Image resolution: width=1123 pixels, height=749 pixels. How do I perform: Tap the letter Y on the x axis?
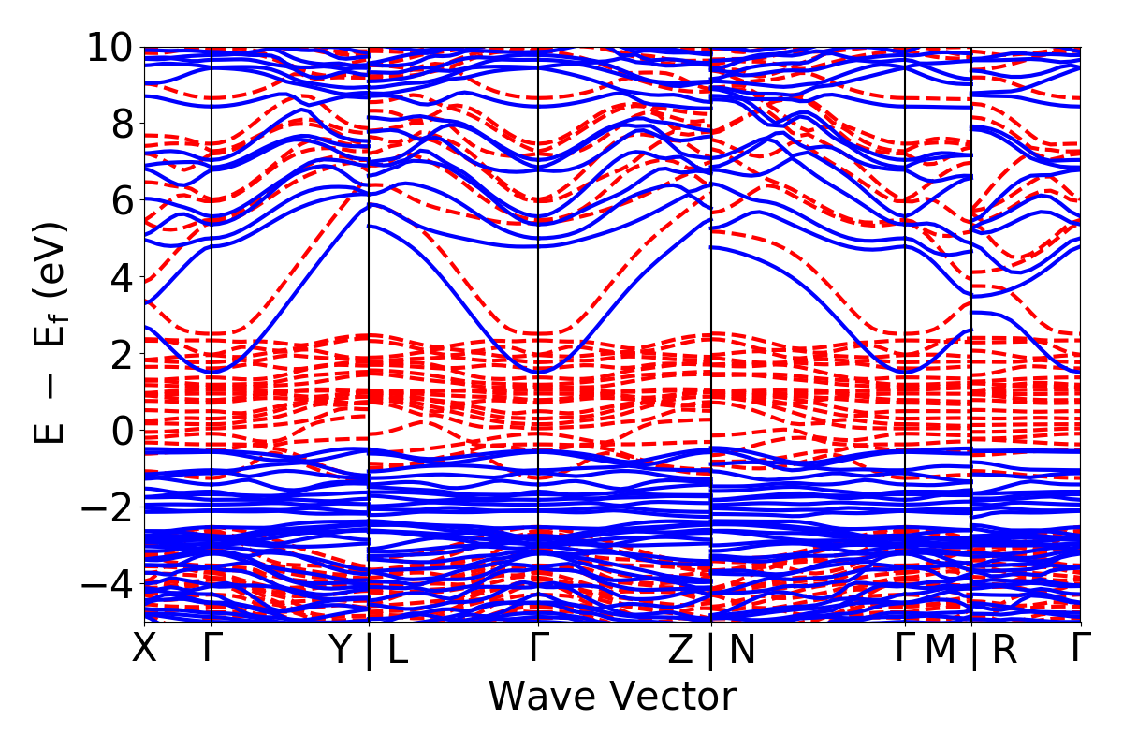pyautogui.click(x=343, y=649)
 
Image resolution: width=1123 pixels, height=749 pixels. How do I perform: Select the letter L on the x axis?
pyautogui.click(x=398, y=649)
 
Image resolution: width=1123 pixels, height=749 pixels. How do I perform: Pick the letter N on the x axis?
pyautogui.click(x=741, y=649)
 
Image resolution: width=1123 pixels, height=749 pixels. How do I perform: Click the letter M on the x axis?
pyautogui.click(x=940, y=649)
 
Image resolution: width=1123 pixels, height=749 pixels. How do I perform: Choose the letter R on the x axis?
pyautogui.click(x=1004, y=649)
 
